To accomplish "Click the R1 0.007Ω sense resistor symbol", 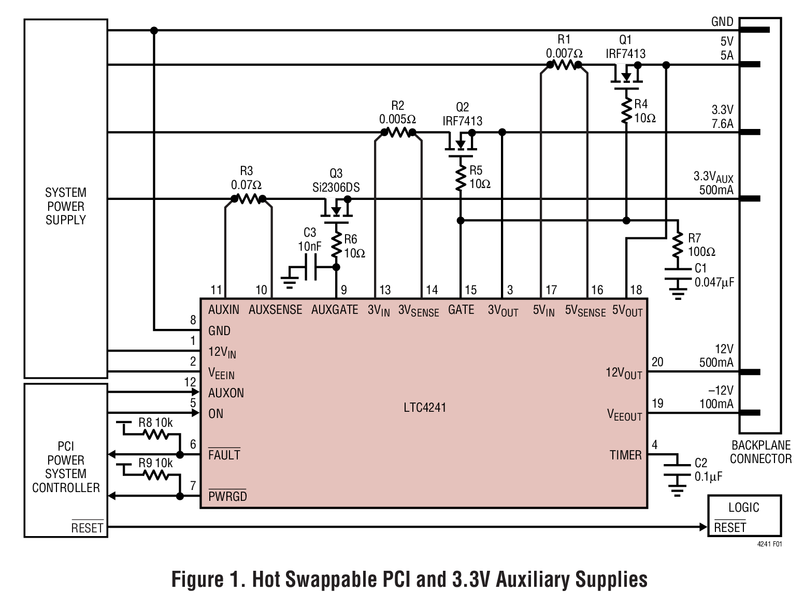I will pyautogui.click(x=564, y=65).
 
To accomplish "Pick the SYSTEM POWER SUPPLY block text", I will pyautogui.click(x=66, y=206).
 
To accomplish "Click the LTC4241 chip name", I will pyautogui.click(x=424, y=408).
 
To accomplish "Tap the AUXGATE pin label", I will pyautogui.click(x=335, y=310).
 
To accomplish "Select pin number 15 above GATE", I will pyautogui.click(x=470, y=290).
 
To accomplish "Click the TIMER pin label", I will pyautogui.click(x=625, y=455).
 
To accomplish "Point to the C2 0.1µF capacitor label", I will pyautogui.click(x=708, y=469).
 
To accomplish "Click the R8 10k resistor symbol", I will pyautogui.click(x=156, y=435).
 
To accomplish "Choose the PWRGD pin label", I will pyautogui.click(x=227, y=496).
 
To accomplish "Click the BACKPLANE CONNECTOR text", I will pyautogui.click(x=760, y=452).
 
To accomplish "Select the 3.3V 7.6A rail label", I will pyautogui.click(x=722, y=117).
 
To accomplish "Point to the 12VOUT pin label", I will pyautogui.click(x=624, y=373).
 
